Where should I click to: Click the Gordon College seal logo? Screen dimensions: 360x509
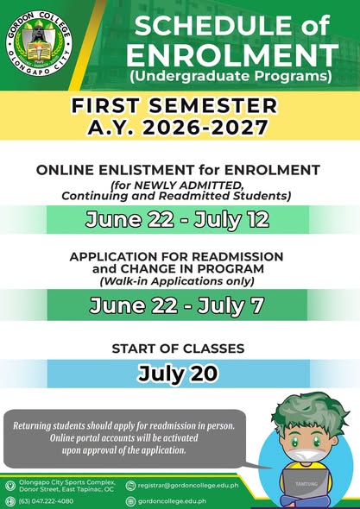[39, 43]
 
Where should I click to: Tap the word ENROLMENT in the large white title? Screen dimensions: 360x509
[232, 55]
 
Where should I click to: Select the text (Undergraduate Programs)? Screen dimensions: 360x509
[231, 76]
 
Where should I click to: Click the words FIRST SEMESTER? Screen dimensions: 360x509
[174, 106]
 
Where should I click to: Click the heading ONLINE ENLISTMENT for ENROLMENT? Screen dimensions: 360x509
[178, 170]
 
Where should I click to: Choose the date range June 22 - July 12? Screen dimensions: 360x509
[177, 220]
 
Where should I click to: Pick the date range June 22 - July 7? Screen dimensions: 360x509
[176, 305]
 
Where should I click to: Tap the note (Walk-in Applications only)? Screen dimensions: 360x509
[177, 281]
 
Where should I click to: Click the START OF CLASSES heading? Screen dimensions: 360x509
[178, 349]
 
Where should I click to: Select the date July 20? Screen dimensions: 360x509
[178, 374]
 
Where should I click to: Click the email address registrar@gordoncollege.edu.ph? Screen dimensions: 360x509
[188, 486]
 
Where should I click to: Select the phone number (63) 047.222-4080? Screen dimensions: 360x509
[46, 501]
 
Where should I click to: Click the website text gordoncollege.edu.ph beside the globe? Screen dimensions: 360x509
[172, 501]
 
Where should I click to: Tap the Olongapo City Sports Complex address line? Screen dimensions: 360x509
[67, 482]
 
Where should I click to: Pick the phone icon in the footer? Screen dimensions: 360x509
[10, 501]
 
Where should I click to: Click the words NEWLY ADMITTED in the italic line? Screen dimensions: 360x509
[188, 185]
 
